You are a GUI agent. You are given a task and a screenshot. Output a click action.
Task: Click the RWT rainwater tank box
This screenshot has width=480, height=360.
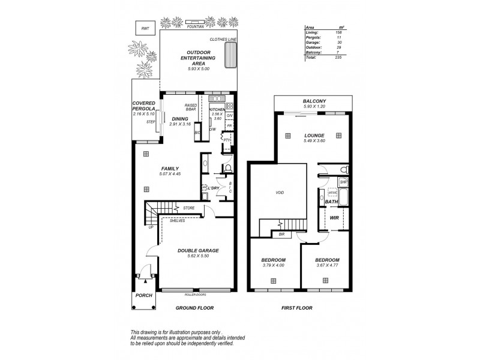145,29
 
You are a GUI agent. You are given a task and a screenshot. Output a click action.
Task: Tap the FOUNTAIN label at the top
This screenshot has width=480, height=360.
197,26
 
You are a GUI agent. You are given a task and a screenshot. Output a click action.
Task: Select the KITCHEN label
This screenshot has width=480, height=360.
217,109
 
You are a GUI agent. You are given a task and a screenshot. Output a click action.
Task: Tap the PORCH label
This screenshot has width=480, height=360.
144,295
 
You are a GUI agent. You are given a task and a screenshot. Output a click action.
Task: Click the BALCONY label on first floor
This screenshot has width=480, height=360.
315,101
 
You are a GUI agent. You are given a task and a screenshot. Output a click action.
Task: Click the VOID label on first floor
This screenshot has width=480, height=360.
279,193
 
